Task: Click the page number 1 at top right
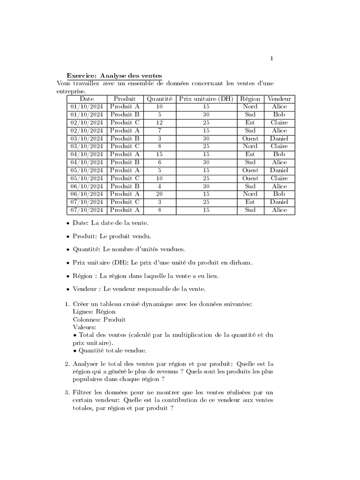click(x=271, y=59)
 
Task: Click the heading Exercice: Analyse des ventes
click(x=114, y=75)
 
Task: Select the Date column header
click(x=87, y=99)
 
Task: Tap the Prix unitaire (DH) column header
click(x=206, y=99)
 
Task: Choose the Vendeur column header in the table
click(x=279, y=99)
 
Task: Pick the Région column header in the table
click(x=250, y=99)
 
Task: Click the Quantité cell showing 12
click(x=159, y=123)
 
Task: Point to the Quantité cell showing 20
click(x=159, y=194)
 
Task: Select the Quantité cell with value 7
click(x=159, y=131)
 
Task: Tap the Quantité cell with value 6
click(x=159, y=162)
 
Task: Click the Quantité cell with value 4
click(x=159, y=186)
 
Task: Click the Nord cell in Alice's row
click(x=250, y=107)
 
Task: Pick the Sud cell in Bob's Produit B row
click(x=250, y=115)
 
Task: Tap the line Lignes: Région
click(x=94, y=312)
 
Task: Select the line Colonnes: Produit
click(x=99, y=320)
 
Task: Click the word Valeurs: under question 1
click(x=85, y=327)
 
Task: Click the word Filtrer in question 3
click(x=84, y=392)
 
